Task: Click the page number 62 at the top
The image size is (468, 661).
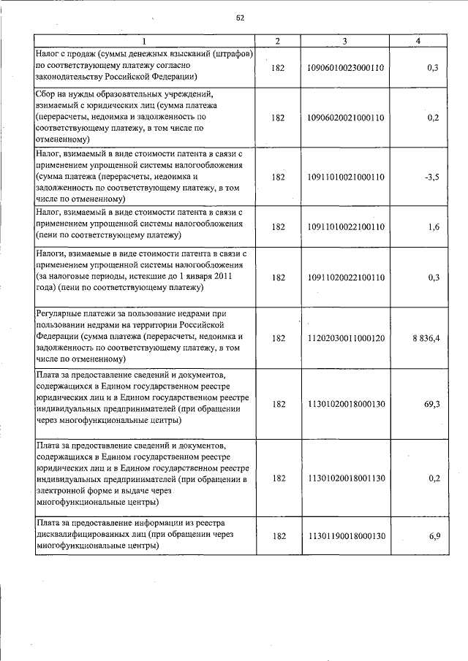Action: [239, 18]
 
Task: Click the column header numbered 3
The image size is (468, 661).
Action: [344, 41]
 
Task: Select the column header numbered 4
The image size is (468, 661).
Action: [418, 41]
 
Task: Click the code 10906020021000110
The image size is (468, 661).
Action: [344, 118]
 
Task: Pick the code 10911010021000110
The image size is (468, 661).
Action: [344, 177]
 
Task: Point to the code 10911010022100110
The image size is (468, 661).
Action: [344, 227]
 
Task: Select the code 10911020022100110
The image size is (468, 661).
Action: [344, 278]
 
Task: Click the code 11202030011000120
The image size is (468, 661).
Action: [344, 338]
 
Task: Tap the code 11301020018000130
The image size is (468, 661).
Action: [344, 403]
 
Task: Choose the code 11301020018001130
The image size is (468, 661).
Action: [344, 478]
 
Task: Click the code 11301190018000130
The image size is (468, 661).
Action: [344, 536]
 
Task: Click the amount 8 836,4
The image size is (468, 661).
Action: [423, 338]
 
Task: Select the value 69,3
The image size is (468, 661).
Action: [431, 403]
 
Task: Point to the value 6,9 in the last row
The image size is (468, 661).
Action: [434, 536]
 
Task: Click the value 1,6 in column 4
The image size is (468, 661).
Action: [434, 227]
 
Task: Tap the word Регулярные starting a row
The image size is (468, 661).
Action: [59, 313]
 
